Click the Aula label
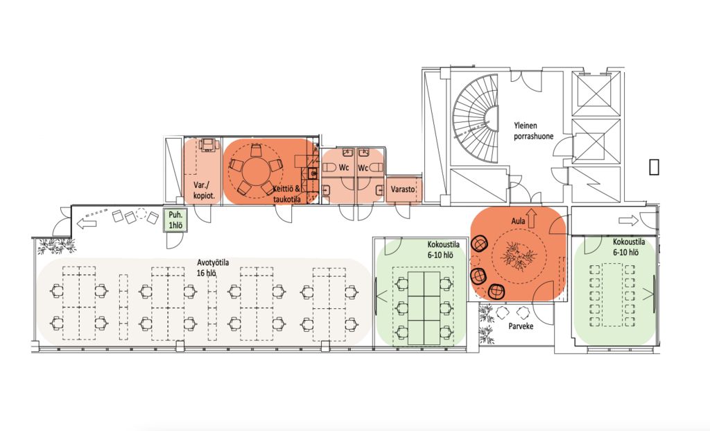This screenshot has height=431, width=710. [518, 221]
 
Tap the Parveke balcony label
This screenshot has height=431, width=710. [521, 326]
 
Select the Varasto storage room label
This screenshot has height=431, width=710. [403, 189]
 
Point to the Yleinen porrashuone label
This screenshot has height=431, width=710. [533, 130]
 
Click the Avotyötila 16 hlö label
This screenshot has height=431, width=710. [212, 268]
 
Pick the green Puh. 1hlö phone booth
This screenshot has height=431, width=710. [175, 221]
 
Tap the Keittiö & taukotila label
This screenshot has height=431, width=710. [287, 194]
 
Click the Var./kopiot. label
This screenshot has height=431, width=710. [204, 191]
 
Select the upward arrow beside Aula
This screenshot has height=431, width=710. [532, 217]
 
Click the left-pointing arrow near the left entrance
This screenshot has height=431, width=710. [86, 223]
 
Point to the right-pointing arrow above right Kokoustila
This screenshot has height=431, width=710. [628, 221]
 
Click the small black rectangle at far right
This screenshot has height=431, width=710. [654, 167]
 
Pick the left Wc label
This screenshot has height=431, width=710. [344, 168]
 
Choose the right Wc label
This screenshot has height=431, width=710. [363, 168]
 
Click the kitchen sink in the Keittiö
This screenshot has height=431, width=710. [313, 173]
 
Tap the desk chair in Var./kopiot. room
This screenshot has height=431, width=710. [208, 144]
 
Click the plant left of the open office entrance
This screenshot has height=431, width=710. [56, 246]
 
